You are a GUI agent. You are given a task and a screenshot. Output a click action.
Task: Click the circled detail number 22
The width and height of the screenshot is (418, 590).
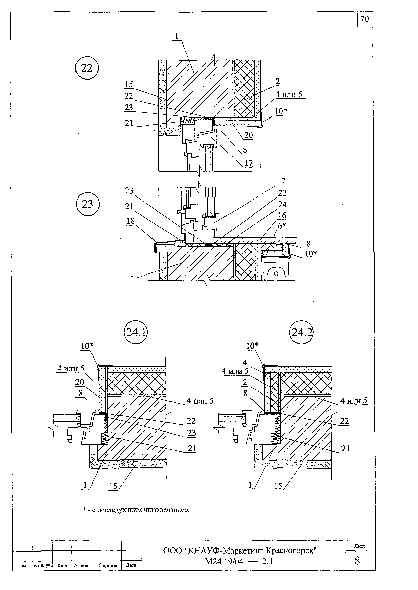(x=87, y=68)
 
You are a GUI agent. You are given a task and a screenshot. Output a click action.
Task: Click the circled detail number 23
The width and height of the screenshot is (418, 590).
(x=88, y=204)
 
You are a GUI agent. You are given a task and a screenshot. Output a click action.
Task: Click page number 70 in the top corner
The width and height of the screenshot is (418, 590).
(x=364, y=19)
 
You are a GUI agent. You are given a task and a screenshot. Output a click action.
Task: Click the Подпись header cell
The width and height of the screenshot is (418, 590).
(x=109, y=566)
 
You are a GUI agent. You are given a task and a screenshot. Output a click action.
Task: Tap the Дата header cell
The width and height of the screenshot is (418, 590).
(x=131, y=565)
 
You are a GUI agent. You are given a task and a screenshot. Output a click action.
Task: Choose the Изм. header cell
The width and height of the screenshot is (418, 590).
(x=22, y=566)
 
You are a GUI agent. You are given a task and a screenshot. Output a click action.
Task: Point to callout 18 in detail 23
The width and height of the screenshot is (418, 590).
(x=131, y=221)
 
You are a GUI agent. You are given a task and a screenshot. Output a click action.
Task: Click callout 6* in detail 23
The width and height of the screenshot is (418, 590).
(x=282, y=226)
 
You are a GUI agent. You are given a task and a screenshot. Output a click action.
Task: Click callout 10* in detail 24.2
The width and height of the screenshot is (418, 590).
(x=252, y=345)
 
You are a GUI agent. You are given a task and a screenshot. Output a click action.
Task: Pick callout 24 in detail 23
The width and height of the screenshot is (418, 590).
(x=282, y=204)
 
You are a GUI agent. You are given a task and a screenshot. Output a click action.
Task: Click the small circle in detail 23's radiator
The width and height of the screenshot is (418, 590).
(x=276, y=273)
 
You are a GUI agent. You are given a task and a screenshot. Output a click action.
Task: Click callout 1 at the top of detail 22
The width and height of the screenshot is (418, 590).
(x=177, y=36)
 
